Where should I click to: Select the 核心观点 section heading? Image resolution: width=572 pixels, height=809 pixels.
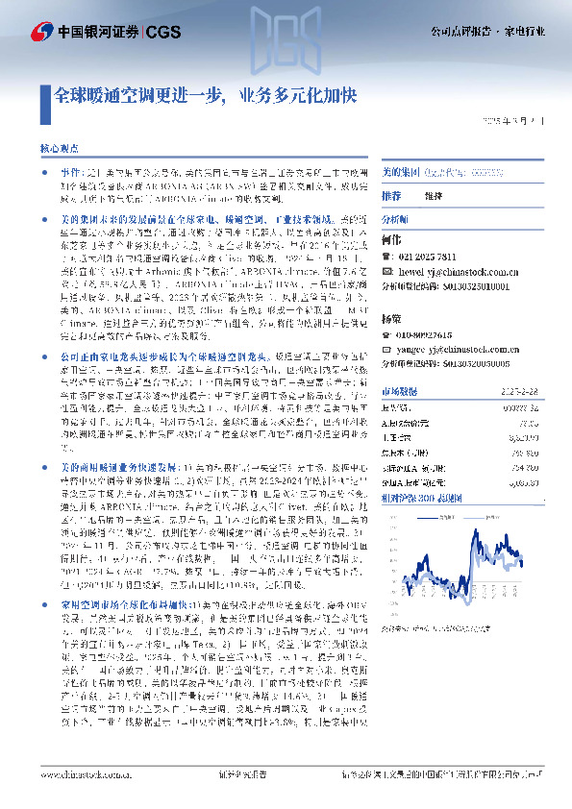tap(58, 152)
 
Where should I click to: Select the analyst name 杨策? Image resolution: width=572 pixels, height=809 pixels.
tap(389, 316)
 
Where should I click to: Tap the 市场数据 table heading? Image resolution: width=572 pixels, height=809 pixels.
tap(398, 392)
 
